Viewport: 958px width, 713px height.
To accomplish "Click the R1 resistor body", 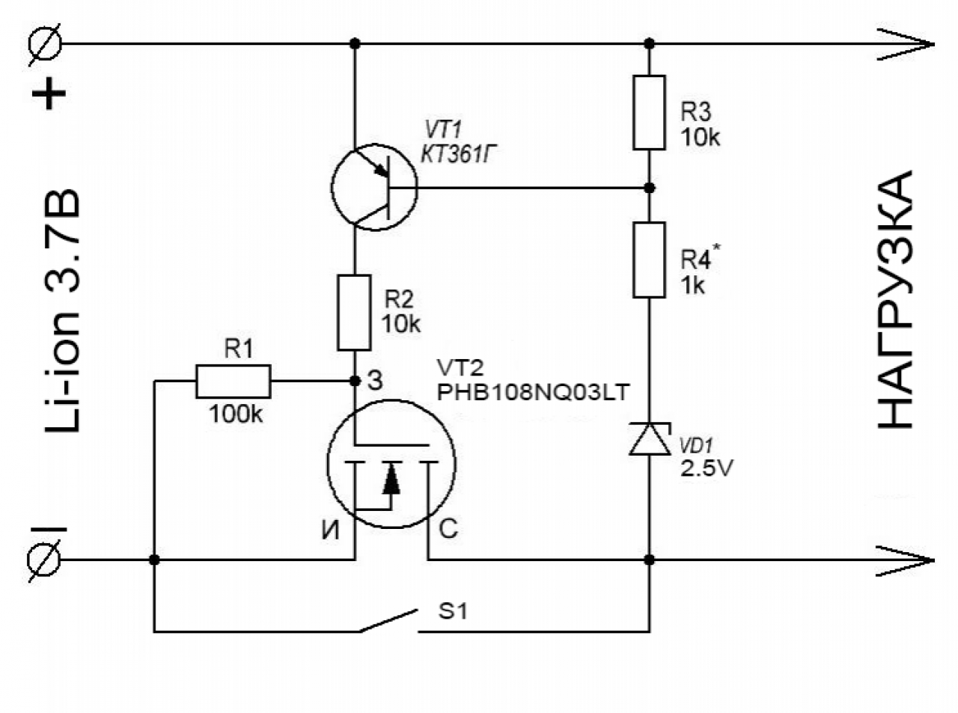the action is tap(234, 382).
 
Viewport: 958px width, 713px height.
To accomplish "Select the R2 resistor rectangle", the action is tap(354, 313).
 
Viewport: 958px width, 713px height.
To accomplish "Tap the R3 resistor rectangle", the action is tap(649, 112).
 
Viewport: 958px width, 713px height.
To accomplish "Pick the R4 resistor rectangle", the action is tap(649, 260).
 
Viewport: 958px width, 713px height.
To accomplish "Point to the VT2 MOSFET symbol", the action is tap(391, 464).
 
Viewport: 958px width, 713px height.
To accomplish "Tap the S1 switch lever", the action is tap(388, 620).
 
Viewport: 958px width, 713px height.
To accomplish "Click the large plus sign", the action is tap(49, 94).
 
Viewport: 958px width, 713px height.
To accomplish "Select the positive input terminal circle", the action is tap(45, 43).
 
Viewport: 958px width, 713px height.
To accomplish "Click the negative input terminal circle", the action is tap(43, 560).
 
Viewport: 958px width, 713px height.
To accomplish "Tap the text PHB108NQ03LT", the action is tap(533, 393).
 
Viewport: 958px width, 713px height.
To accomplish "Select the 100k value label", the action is tap(236, 414).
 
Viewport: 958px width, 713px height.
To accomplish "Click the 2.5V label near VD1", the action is tap(707, 468).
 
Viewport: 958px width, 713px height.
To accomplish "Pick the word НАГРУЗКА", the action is tap(895, 300).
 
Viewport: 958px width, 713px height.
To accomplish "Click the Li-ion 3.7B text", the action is tap(63, 310).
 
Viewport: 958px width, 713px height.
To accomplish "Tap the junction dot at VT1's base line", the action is tap(649, 188).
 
